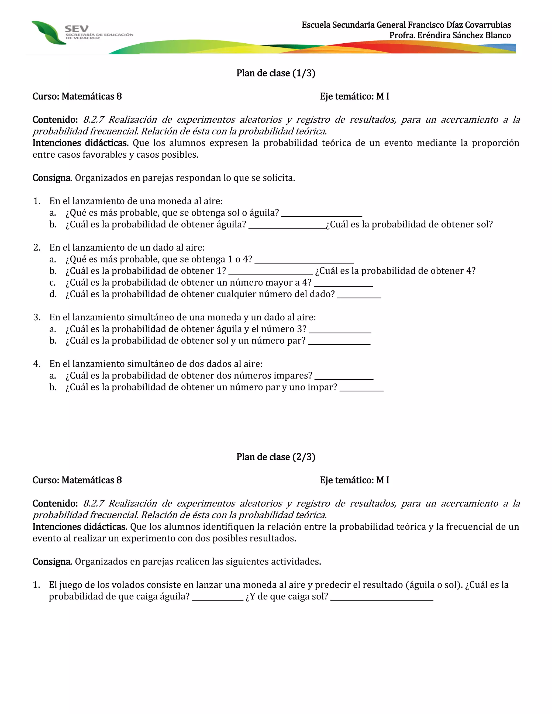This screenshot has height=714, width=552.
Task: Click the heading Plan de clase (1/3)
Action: click(x=276, y=73)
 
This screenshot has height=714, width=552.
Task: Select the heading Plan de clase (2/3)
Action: click(x=276, y=457)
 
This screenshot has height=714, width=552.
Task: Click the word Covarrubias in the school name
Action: click(x=488, y=25)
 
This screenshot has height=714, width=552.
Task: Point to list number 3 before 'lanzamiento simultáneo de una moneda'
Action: click(x=37, y=317)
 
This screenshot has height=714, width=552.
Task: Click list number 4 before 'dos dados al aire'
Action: click(x=37, y=364)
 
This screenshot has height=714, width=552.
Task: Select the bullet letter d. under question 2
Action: click(x=53, y=294)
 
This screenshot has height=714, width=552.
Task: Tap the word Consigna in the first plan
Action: click(x=52, y=178)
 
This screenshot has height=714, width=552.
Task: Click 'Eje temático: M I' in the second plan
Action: click(x=354, y=480)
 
